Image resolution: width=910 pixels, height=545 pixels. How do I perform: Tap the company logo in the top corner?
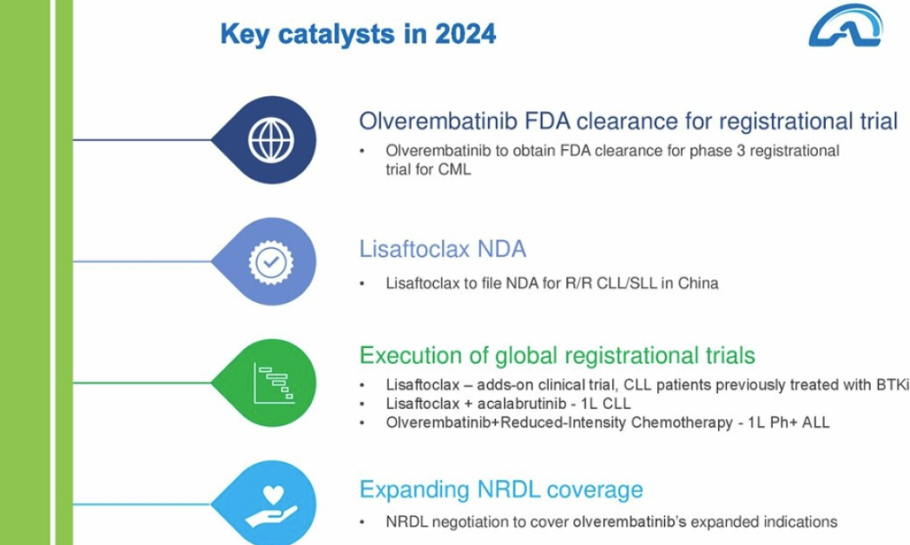pyautogui.click(x=846, y=25)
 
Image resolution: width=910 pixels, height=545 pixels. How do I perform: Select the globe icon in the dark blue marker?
pyautogui.click(x=271, y=140)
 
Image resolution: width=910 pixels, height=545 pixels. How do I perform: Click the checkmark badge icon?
pyautogui.click(x=271, y=262)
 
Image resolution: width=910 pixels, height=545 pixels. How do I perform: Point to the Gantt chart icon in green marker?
pyautogui.click(x=274, y=383)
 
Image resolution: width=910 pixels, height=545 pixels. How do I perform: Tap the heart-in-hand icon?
pyautogui.click(x=272, y=506)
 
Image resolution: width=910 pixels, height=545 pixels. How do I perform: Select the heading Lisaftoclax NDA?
pyautogui.click(x=443, y=249)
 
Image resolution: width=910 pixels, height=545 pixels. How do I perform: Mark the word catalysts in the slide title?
pyautogui.click(x=336, y=34)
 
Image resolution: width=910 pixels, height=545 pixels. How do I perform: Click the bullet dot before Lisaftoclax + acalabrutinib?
pyautogui.click(x=362, y=404)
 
